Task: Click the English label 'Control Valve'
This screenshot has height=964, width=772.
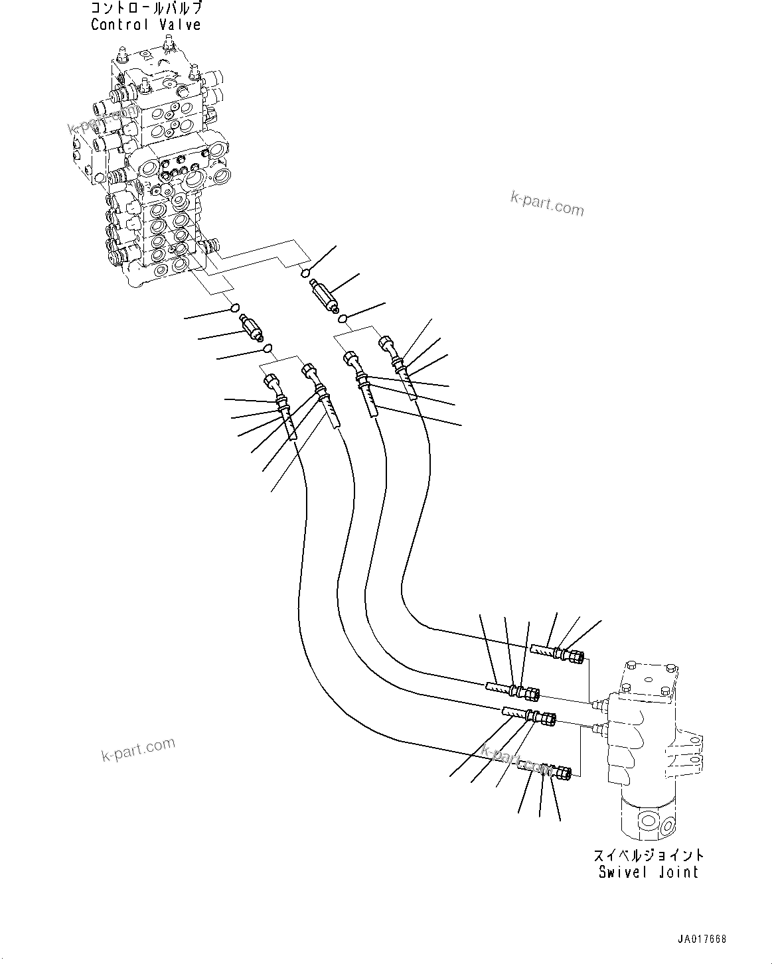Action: pyautogui.click(x=145, y=25)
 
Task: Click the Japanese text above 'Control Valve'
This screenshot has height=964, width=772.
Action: pyautogui.click(x=145, y=9)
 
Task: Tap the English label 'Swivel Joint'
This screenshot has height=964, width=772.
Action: pyautogui.click(x=648, y=872)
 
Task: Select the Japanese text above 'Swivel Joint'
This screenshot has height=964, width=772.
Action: pyautogui.click(x=648, y=856)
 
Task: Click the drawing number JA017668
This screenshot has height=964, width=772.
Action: pyautogui.click(x=702, y=939)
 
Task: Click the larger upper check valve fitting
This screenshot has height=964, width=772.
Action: pyautogui.click(x=323, y=293)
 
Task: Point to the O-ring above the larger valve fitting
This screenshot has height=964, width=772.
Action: pyautogui.click(x=305, y=272)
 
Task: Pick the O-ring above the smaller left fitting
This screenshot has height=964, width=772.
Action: pyautogui.click(x=234, y=307)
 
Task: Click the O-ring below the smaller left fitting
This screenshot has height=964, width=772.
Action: pyautogui.click(x=267, y=348)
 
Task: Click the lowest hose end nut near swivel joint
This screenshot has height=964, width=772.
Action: pyautogui.click(x=563, y=774)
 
